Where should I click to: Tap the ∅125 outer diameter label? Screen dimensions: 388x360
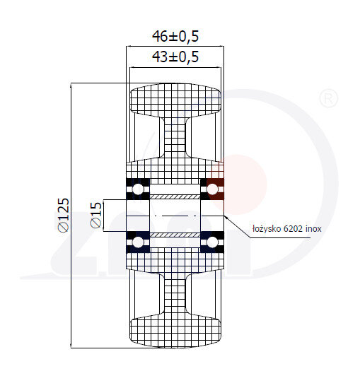pyautogui.click(x=62, y=215)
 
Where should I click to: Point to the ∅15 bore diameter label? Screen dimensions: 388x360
pyautogui.click(x=96, y=215)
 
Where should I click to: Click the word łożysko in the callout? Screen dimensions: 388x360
pyautogui.click(x=267, y=229)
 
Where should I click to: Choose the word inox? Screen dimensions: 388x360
pyautogui.click(x=315, y=229)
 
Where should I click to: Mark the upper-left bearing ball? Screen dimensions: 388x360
pyautogui.click(x=138, y=188)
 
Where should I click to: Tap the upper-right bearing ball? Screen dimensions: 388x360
pyautogui.click(x=211, y=188)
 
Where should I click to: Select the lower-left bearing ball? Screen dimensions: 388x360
pyautogui.click(x=138, y=242)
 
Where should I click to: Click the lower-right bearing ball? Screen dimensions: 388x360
pyautogui.click(x=211, y=242)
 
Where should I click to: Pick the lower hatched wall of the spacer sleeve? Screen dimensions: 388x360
pyautogui.click(x=175, y=234)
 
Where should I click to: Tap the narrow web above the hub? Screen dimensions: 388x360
pyautogui.click(x=175, y=141)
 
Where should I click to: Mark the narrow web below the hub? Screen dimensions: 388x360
pyautogui.click(x=175, y=290)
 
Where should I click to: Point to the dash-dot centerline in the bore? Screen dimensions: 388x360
pyautogui.click(x=175, y=215)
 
